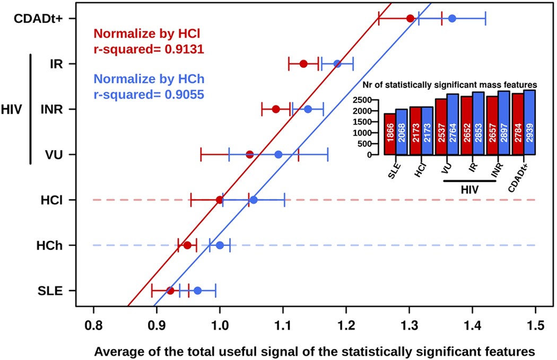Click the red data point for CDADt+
click(x=410, y=19)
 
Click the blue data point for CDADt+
click(x=452, y=19)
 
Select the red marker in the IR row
click(x=303, y=64)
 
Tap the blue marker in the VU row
click(x=278, y=154)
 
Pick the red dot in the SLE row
click(x=170, y=291)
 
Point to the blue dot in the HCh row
click(x=220, y=245)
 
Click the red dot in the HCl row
click(x=220, y=200)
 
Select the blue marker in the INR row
click(x=308, y=109)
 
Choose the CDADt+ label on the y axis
click(x=38, y=19)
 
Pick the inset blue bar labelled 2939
click(x=529, y=122)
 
